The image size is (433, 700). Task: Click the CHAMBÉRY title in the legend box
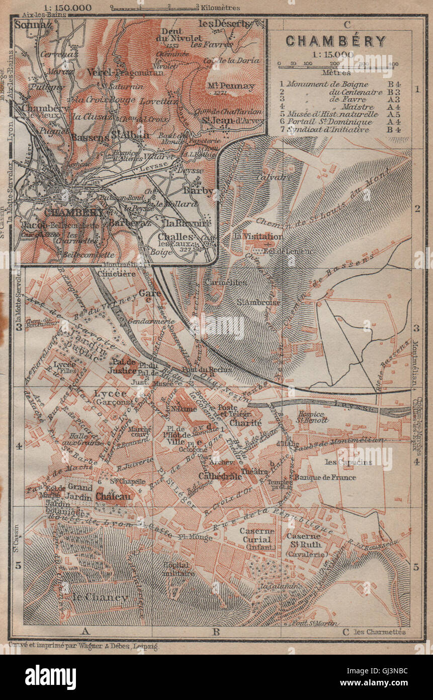coord(336,41)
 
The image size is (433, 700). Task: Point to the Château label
coord(114,496)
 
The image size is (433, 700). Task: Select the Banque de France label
coord(325,477)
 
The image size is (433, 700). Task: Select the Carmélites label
coord(225,283)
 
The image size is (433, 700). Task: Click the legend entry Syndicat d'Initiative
coord(332,130)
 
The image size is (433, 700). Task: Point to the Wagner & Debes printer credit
coord(83,647)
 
